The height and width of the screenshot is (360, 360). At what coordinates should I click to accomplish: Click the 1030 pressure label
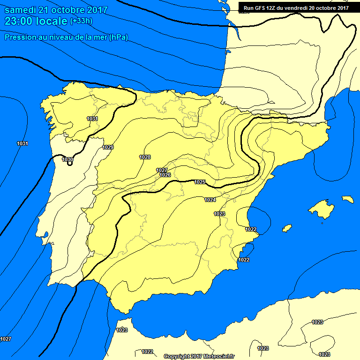[67, 159]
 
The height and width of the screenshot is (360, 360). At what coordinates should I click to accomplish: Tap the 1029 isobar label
[108, 147]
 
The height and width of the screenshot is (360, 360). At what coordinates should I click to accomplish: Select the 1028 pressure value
[145, 157]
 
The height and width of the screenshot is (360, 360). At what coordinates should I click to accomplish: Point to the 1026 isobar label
[165, 175]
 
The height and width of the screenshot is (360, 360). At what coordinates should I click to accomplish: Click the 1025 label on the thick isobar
[200, 182]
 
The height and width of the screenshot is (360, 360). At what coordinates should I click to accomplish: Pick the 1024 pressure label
[210, 200]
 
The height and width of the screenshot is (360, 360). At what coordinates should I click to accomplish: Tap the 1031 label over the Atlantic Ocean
[22, 143]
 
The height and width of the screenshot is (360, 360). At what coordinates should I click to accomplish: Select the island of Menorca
[347, 199]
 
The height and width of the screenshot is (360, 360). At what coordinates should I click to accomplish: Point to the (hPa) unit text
[119, 37]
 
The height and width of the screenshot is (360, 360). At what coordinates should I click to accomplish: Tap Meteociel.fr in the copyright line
[218, 356]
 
